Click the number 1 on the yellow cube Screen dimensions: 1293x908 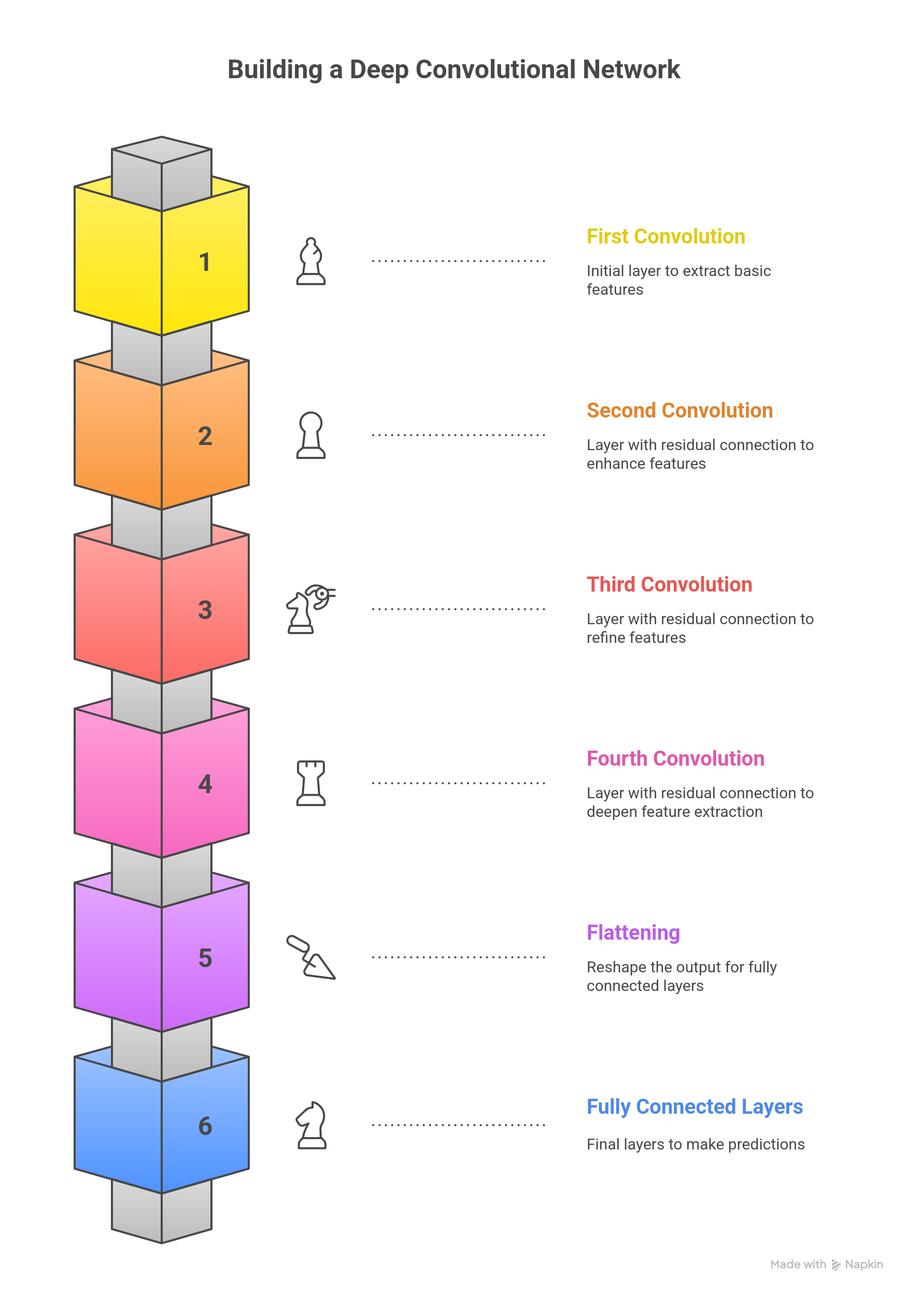(x=205, y=263)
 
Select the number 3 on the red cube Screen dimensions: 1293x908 (x=205, y=610)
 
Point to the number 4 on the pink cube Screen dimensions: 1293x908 (x=205, y=784)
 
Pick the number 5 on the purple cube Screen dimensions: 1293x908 (x=205, y=958)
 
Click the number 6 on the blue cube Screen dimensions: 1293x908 (x=205, y=1126)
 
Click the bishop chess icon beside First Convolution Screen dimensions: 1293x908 (x=311, y=261)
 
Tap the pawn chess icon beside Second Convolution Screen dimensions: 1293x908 (x=311, y=435)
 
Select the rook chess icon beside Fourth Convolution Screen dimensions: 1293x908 (x=311, y=783)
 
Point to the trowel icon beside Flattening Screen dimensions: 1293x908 (x=311, y=957)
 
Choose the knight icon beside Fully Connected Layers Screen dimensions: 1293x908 (x=311, y=1125)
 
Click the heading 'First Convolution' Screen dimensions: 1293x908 (x=665, y=237)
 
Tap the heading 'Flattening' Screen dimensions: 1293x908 (x=633, y=933)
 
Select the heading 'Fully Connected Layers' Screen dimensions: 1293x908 (x=694, y=1107)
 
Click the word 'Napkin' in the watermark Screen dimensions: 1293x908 (x=863, y=1265)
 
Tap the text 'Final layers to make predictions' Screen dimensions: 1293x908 (x=696, y=1144)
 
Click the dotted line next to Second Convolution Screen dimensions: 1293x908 (x=459, y=435)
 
